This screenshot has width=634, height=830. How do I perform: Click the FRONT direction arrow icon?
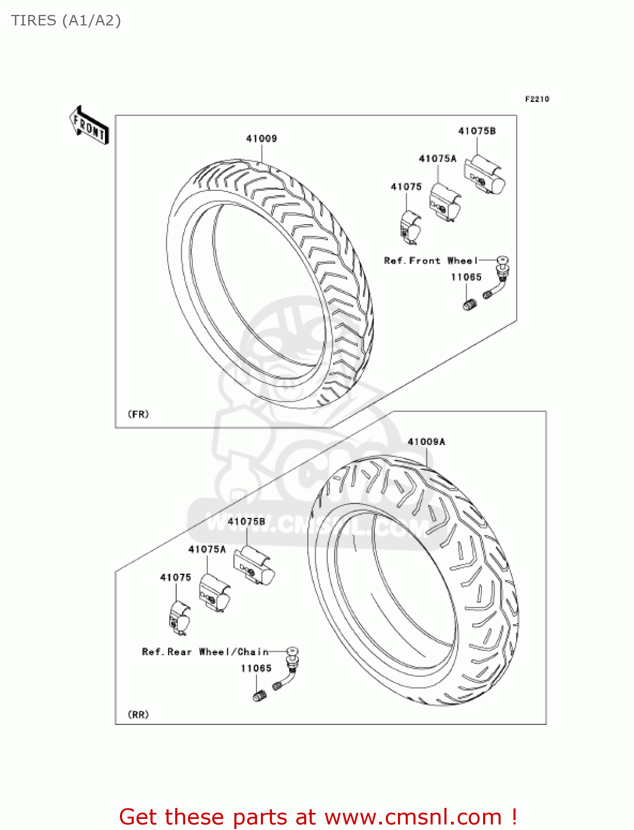click(89, 126)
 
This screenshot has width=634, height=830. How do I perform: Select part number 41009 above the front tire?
click(261, 138)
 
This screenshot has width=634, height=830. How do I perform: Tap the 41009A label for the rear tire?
click(426, 442)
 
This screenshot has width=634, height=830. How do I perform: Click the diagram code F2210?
click(537, 99)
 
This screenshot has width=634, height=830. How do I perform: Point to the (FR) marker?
click(138, 414)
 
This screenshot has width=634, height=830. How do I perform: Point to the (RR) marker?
click(138, 714)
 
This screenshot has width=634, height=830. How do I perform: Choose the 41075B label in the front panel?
click(476, 131)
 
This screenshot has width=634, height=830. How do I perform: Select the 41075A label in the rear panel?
click(207, 549)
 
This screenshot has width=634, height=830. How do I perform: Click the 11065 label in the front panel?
click(466, 277)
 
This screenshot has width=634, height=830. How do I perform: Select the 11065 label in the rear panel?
click(256, 668)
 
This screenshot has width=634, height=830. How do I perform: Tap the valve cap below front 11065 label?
click(469, 304)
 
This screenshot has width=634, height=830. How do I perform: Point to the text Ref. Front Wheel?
click(430, 261)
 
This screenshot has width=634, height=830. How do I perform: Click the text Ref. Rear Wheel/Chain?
click(205, 652)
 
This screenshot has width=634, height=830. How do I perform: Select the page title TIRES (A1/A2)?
click(66, 20)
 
